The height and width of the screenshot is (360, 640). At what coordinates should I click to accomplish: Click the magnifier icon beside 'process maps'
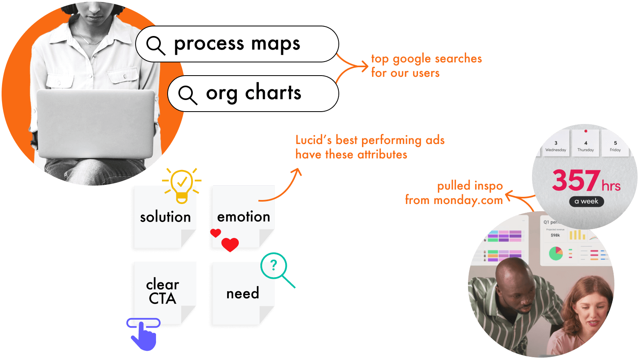[156, 45]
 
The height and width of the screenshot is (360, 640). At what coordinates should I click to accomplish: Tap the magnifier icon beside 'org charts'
[188, 95]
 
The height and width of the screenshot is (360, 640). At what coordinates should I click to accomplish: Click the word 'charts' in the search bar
[273, 93]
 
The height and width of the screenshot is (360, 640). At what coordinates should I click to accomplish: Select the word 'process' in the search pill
[209, 44]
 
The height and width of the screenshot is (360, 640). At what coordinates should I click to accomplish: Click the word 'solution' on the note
[165, 217]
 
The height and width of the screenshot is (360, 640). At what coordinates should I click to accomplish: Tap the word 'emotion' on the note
[244, 217]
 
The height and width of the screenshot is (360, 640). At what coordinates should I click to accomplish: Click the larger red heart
[230, 244]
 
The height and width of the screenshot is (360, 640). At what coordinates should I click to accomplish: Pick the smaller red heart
[216, 233]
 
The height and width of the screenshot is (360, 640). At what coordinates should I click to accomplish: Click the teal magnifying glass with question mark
[274, 266]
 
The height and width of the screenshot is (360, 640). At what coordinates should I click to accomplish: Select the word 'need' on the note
[242, 294]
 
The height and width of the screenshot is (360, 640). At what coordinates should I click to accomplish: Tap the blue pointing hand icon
[144, 335]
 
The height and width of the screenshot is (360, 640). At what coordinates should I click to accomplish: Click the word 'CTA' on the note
[162, 299]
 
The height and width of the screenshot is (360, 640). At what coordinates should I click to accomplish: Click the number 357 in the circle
[576, 180]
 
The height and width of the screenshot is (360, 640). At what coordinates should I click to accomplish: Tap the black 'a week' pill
[586, 201]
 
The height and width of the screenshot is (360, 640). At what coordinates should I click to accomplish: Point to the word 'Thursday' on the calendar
[586, 150]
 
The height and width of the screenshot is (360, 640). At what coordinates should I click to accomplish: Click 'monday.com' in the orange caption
[468, 200]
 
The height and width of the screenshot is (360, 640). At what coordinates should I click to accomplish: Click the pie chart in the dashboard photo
[556, 253]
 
